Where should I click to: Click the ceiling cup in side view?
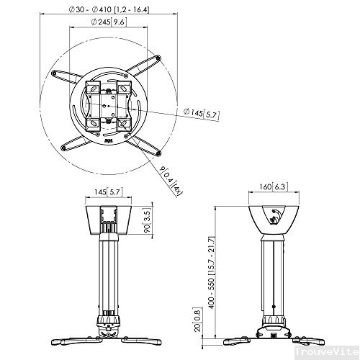pyautogui.click(x=269, y=216)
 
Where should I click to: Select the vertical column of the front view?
pyautogui.click(x=108, y=274)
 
